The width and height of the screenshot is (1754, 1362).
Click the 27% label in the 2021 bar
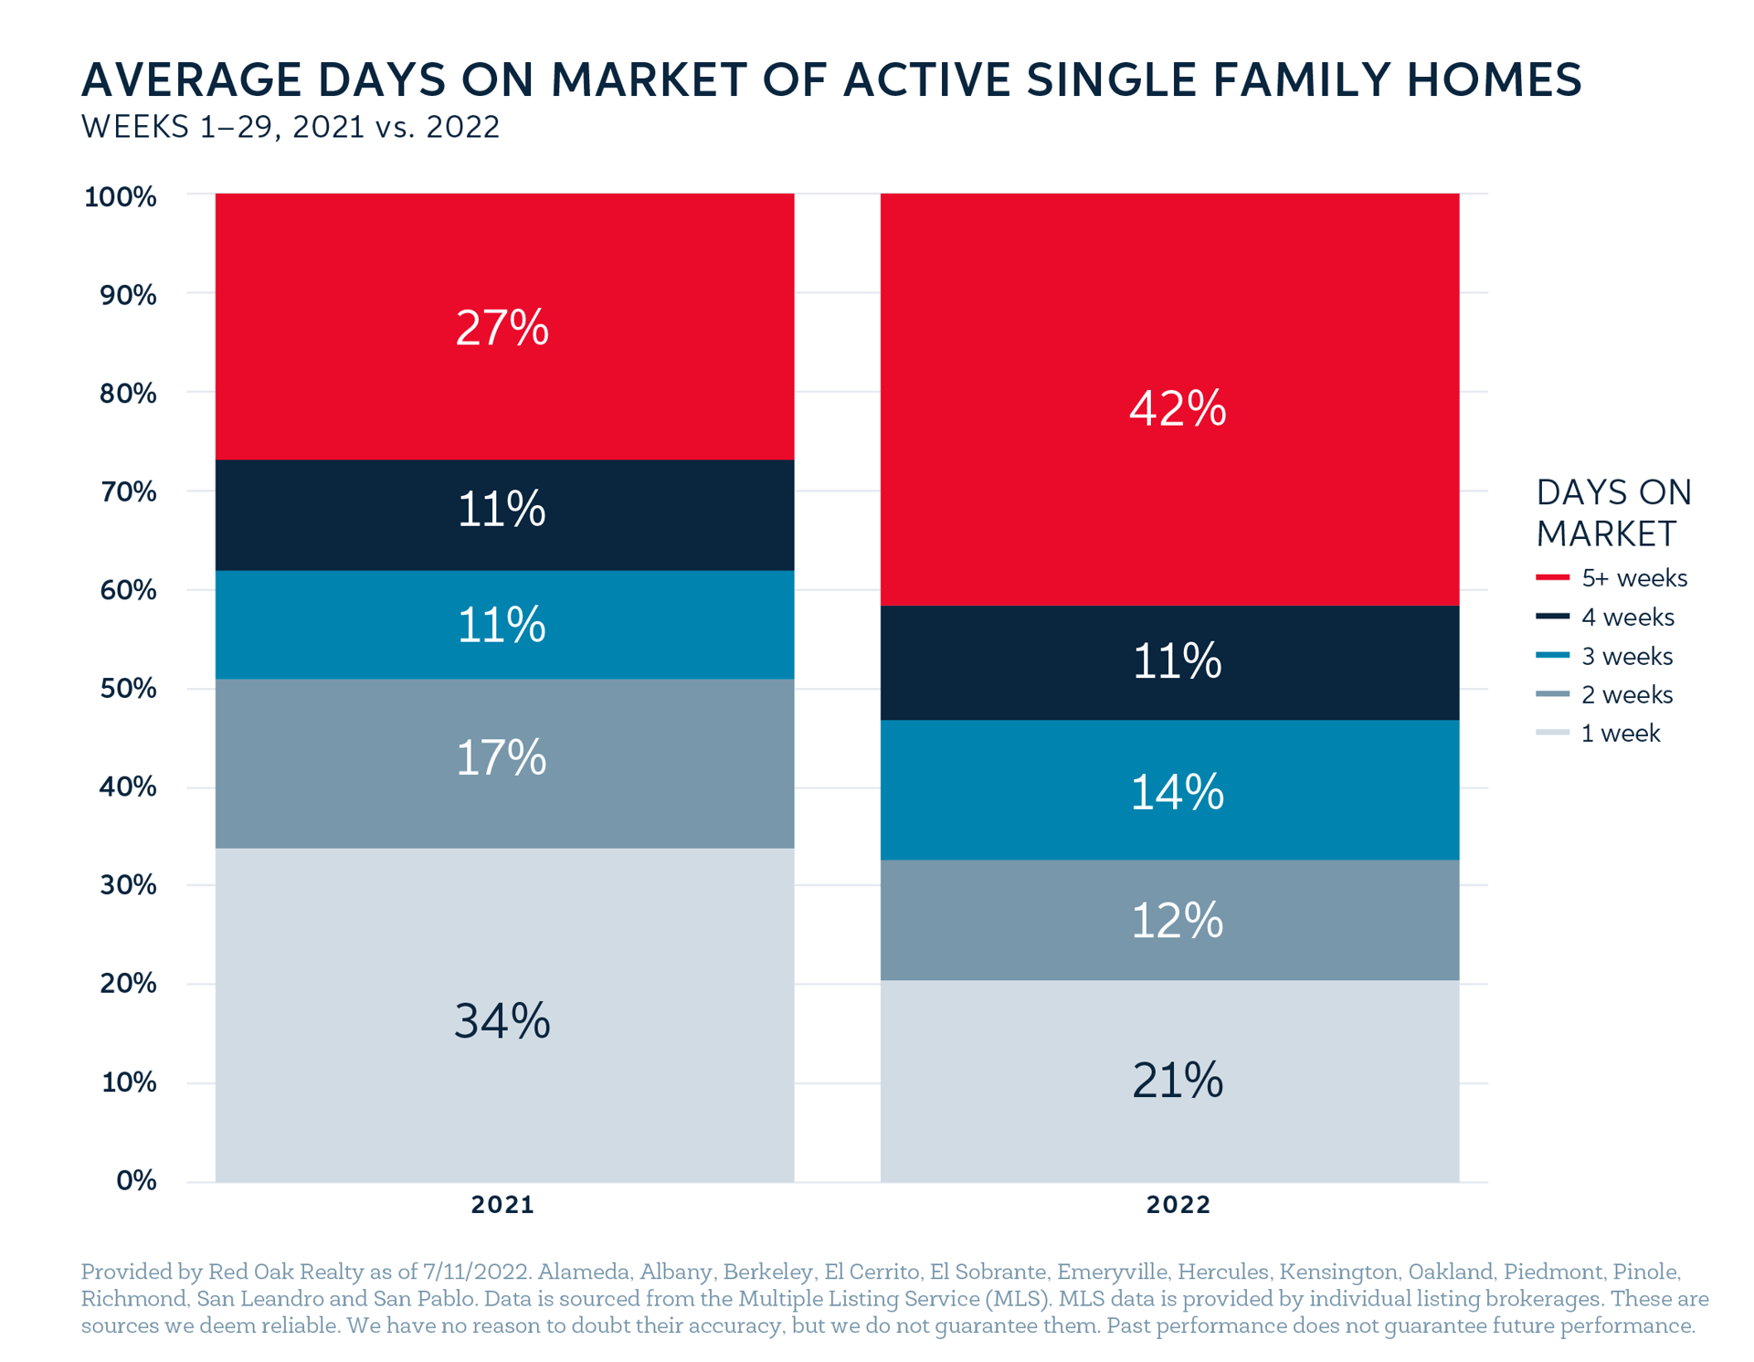pos(502,327)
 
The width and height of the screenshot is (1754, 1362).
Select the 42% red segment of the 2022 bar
pos(1169,399)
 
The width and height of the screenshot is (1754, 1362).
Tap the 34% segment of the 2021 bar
pos(504,1015)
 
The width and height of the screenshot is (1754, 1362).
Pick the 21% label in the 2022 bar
pos(1177,1080)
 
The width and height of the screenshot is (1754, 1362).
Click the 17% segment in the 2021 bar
pos(504,764)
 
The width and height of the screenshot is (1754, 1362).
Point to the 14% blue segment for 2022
pos(1169,790)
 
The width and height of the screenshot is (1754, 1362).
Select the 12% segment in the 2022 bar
pos(1169,920)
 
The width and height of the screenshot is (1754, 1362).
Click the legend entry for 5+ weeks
pos(1611,578)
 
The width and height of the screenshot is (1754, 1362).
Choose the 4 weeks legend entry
pos(1605,618)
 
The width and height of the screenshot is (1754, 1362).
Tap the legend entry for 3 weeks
pos(1604,656)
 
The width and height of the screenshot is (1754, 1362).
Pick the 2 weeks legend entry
pos(1604,694)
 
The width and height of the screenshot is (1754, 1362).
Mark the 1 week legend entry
pos(1598,733)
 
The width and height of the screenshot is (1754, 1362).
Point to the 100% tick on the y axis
pos(121,196)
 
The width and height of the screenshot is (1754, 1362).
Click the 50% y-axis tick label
pos(128,688)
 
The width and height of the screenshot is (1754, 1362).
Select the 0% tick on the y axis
pos(136,1180)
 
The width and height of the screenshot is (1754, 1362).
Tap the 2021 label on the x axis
pos(502,1205)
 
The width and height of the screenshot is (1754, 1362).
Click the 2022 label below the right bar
pos(1178,1205)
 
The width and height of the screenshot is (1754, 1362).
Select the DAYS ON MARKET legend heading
pos(1613,512)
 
